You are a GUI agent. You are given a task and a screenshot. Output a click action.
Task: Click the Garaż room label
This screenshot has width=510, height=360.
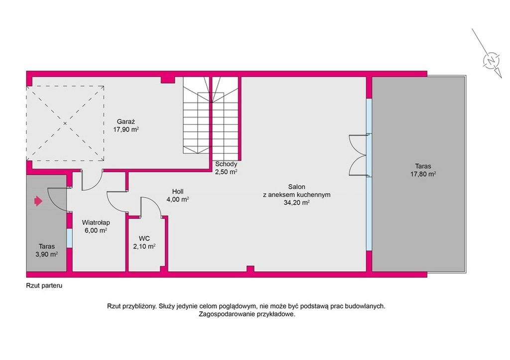(126, 121)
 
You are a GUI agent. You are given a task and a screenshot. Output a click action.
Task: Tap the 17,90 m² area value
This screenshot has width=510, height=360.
(126, 129)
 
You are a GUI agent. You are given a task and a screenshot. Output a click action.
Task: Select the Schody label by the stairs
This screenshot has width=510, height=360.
(226, 164)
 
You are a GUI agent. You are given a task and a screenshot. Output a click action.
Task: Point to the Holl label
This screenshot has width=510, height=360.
(178, 192)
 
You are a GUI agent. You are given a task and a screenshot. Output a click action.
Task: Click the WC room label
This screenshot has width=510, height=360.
(144, 239)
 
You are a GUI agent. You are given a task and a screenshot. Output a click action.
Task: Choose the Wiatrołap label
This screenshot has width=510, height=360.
(96, 223)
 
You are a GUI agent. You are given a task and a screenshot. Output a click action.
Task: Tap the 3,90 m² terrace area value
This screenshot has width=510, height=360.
(46, 254)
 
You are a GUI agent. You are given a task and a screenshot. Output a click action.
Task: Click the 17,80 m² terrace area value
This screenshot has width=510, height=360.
(423, 174)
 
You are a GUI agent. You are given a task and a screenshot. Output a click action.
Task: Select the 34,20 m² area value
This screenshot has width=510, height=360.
(296, 203)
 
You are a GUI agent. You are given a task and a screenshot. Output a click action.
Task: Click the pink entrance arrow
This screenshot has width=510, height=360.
(38, 201)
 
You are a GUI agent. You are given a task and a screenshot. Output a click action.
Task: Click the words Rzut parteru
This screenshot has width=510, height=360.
(44, 286)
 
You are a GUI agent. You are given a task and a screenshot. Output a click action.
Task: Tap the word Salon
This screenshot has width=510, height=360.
(297, 187)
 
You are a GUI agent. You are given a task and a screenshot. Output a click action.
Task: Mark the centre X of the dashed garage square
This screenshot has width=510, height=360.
(65, 123)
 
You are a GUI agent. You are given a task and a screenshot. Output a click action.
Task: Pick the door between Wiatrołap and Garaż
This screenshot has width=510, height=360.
(92, 180)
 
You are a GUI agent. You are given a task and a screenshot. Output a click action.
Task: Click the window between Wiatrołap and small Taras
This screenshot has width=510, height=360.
(69, 239)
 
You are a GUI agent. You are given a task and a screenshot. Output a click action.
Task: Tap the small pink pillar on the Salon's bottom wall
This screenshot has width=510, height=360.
(250, 268)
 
